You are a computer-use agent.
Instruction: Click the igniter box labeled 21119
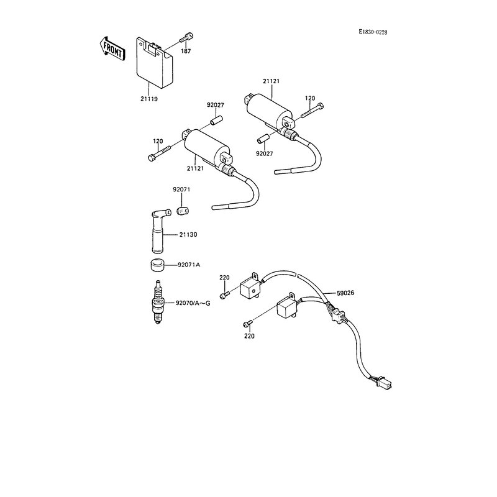point(154,62)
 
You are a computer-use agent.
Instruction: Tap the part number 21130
point(189,234)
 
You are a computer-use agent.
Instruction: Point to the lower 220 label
point(250,336)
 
